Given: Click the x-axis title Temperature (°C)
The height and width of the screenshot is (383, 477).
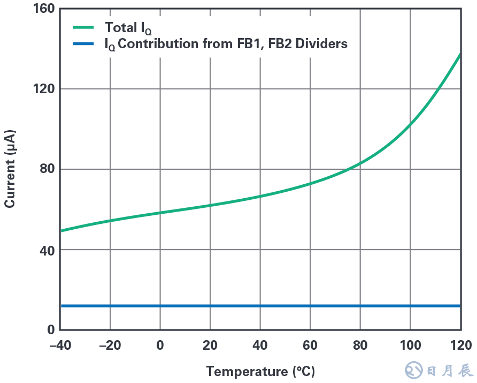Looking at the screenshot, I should (260, 371).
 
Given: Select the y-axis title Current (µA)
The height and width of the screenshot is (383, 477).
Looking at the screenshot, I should (10, 169).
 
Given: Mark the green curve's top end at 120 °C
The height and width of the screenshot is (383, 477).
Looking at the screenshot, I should (460, 54).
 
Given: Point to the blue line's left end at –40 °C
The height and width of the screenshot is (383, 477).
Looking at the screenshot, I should (62, 306).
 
